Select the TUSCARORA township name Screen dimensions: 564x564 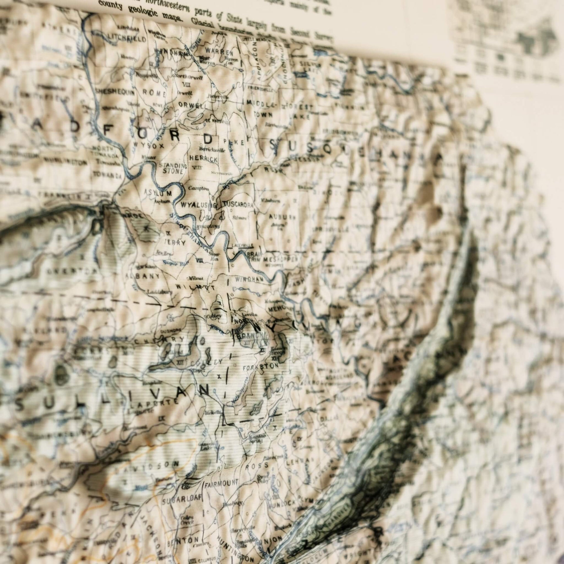238,205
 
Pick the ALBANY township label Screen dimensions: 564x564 143,276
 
